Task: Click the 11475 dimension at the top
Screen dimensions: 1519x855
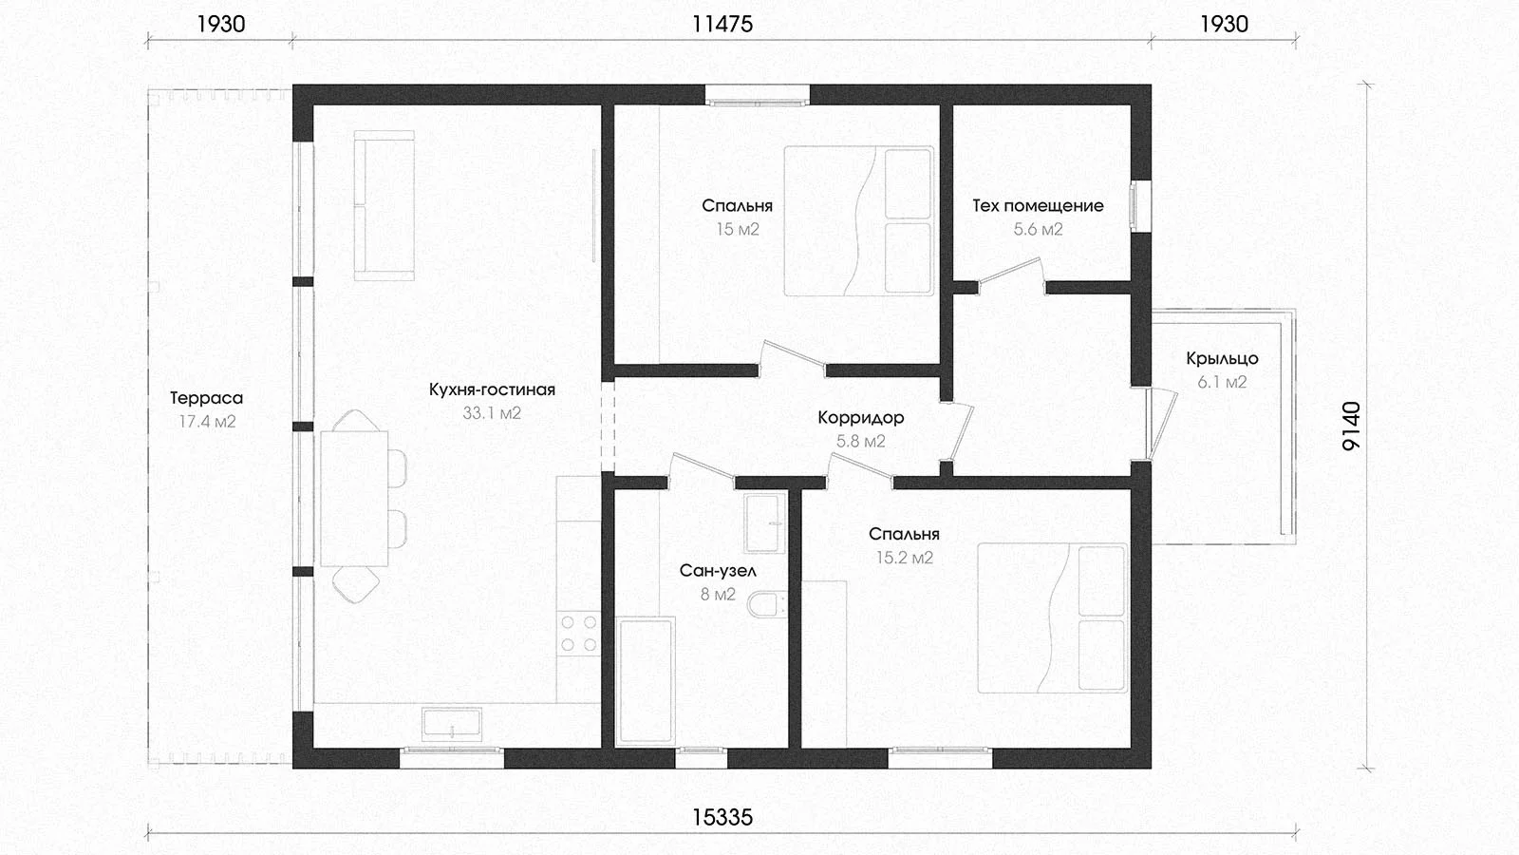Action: coord(722,25)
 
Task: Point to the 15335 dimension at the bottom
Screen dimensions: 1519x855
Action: coord(722,817)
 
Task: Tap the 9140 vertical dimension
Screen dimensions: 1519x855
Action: coord(1351,427)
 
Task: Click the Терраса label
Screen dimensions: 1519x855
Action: coord(206,398)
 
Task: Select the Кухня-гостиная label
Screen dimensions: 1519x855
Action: coord(492,389)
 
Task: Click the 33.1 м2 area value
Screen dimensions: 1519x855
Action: coord(492,412)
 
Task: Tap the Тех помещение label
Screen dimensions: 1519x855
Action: coord(1038,205)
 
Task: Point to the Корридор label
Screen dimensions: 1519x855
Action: coord(860,417)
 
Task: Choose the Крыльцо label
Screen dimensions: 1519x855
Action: coord(1222,358)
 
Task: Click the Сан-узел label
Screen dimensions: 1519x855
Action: coord(718,571)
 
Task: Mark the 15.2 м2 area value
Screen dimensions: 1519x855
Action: coord(905,558)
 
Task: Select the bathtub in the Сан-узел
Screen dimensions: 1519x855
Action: coord(645,680)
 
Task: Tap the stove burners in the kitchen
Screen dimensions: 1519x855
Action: coord(578,633)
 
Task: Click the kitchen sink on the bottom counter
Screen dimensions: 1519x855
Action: coord(452,724)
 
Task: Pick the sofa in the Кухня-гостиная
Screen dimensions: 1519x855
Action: coord(384,205)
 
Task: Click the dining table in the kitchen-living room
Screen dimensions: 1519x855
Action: coord(354,499)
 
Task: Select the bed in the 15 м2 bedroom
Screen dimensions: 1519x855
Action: coord(858,221)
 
